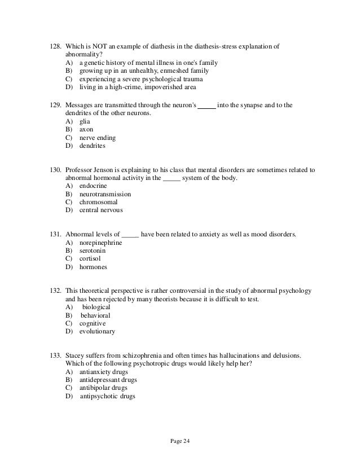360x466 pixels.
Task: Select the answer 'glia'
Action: click(x=85, y=121)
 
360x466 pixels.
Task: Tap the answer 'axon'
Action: click(x=86, y=129)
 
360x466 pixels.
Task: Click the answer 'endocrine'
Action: click(x=94, y=186)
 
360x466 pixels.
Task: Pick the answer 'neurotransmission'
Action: click(x=106, y=194)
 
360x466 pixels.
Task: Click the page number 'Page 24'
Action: click(x=179, y=441)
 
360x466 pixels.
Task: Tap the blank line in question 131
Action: click(x=130, y=234)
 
